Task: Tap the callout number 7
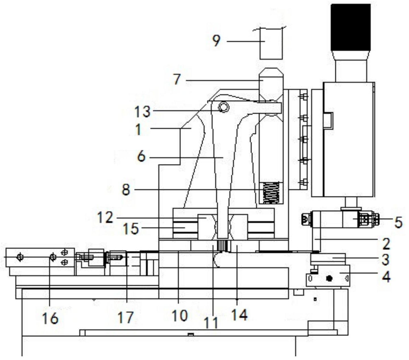click(177, 79)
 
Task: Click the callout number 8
click(126, 190)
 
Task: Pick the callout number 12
click(105, 217)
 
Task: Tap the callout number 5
click(398, 222)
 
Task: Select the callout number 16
click(50, 318)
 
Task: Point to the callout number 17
click(125, 317)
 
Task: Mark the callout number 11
click(211, 323)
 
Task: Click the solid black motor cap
click(351, 28)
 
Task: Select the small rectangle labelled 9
click(271, 43)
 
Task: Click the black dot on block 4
click(329, 279)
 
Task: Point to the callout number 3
click(385, 259)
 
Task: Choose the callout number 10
click(180, 315)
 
